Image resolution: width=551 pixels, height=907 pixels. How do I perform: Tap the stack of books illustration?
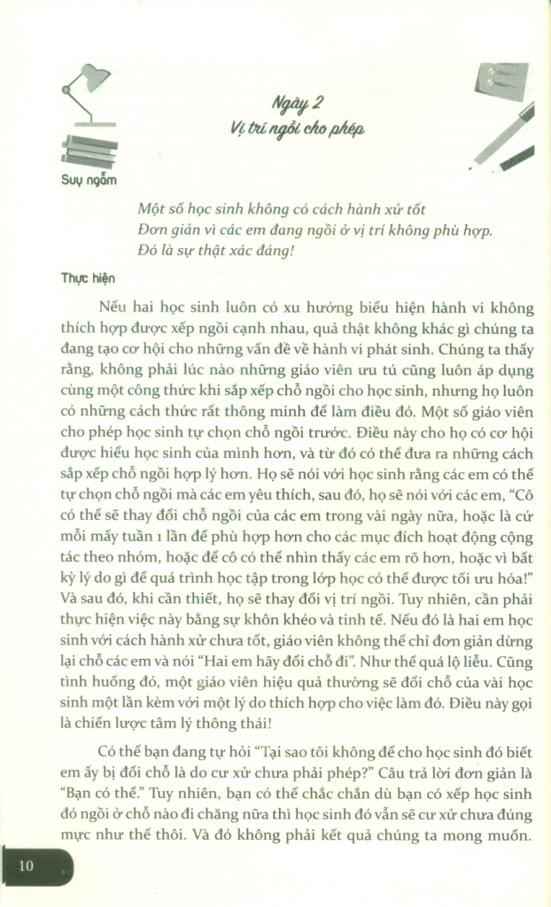[x=89, y=151]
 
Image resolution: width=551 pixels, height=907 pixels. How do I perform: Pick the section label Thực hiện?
[x=89, y=277]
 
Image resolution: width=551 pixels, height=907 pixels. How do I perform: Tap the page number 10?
[x=26, y=865]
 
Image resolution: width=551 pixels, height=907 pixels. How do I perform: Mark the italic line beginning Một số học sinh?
[x=269, y=210]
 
